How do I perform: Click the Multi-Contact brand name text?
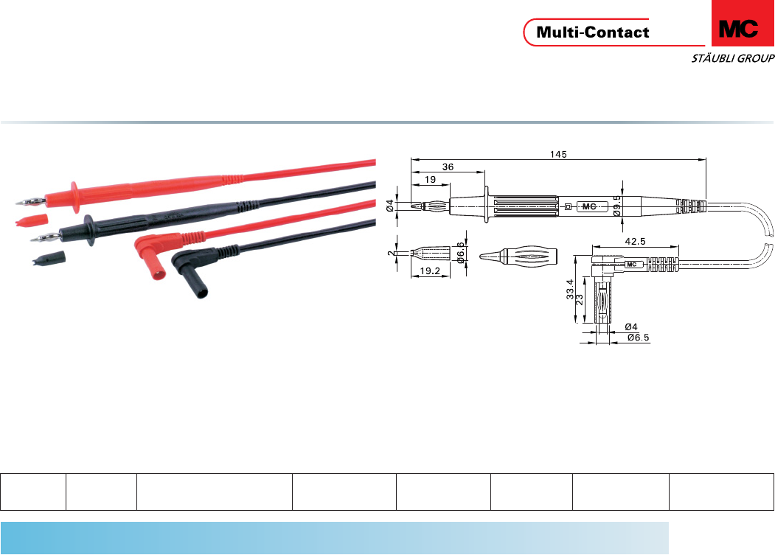pos(593,32)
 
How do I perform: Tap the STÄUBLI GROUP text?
pos(732,58)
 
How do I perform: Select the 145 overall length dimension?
pos(558,154)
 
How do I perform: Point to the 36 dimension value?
pos(448,167)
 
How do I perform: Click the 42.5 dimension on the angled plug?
pos(635,241)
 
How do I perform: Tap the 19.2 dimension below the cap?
pos(429,270)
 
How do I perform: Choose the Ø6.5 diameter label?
pos(638,338)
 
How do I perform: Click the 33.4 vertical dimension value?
pos(570,289)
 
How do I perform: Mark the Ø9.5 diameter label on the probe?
pos(617,206)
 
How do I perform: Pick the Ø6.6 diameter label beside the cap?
pos(461,253)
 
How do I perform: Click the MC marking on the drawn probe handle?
pos(589,206)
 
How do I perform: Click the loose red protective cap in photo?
pos(32,219)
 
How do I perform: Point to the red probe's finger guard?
pos(74,198)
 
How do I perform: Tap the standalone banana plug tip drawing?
pos(518,256)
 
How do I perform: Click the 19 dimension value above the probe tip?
pos(431,179)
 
